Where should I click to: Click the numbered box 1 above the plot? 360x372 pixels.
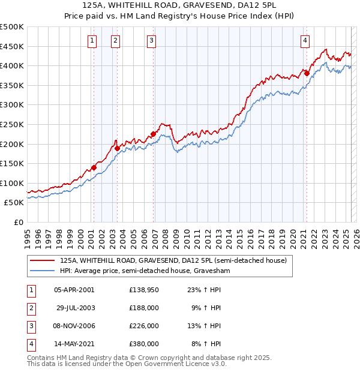92,41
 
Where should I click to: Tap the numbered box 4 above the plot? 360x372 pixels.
305,41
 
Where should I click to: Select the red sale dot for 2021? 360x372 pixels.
307,73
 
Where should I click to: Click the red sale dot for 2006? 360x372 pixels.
153,134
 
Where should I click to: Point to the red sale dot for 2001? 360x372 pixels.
94,168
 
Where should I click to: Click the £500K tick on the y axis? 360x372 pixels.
12,27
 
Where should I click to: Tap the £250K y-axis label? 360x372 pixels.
12,124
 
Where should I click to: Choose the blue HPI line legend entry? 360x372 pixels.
144,271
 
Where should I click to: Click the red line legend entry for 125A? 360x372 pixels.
173,260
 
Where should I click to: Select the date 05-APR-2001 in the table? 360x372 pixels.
74,290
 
